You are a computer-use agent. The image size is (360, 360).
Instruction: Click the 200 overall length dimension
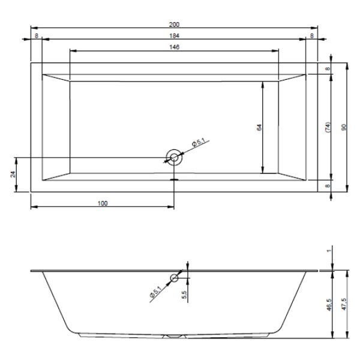point(174,25)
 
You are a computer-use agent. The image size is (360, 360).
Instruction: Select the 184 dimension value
point(174,36)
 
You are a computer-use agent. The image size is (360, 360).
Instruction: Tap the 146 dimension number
point(174,47)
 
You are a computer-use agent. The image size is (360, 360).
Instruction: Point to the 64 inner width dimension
point(259,127)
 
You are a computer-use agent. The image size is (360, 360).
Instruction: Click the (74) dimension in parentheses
point(328,127)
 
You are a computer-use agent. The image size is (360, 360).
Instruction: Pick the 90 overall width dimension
point(344,127)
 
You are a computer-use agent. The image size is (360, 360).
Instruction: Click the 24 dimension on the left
point(13,175)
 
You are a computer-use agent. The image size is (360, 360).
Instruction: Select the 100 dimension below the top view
point(103,203)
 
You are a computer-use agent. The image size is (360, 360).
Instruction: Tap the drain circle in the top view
point(174,157)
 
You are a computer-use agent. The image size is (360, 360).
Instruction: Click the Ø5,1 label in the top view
point(199,143)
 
